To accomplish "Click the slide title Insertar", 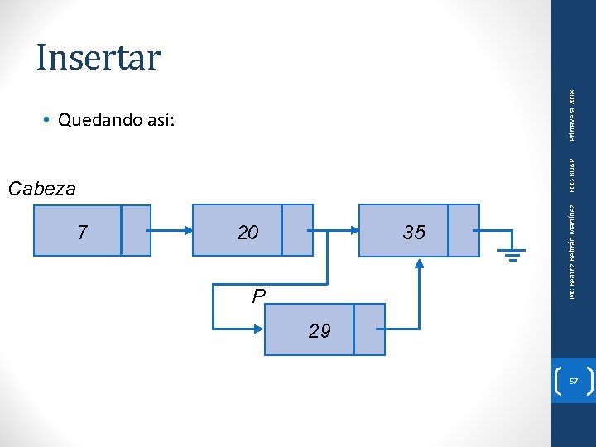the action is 98,57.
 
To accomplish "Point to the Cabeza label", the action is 41,189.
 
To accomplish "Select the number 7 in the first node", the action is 81,233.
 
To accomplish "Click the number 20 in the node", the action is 248,233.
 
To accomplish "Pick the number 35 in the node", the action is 414,233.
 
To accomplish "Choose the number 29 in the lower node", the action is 320,331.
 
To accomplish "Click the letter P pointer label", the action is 259,296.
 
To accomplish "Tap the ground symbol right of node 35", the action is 512,252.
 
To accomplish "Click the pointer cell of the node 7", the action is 136,229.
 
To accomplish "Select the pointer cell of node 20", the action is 296,229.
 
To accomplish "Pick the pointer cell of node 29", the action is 369,329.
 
